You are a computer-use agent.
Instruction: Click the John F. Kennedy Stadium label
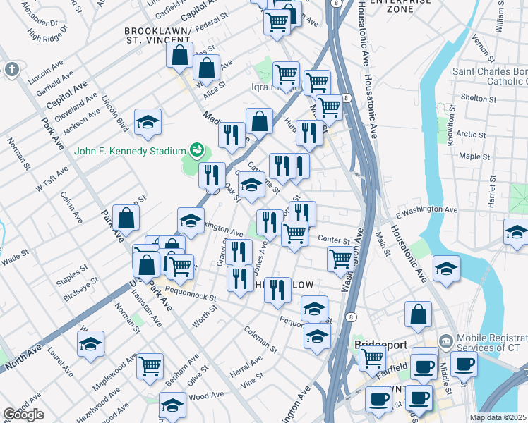coord(129,151)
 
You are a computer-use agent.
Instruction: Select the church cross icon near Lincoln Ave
coord(11,69)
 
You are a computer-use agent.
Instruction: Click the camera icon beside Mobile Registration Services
coord(445,341)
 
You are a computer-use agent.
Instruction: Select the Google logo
coord(23,415)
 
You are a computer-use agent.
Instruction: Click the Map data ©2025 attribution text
coord(498,417)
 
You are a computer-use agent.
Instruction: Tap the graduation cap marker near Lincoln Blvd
coord(148,123)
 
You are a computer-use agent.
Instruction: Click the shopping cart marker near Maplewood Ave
coord(150,365)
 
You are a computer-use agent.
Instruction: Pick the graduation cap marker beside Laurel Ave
coord(90,344)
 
